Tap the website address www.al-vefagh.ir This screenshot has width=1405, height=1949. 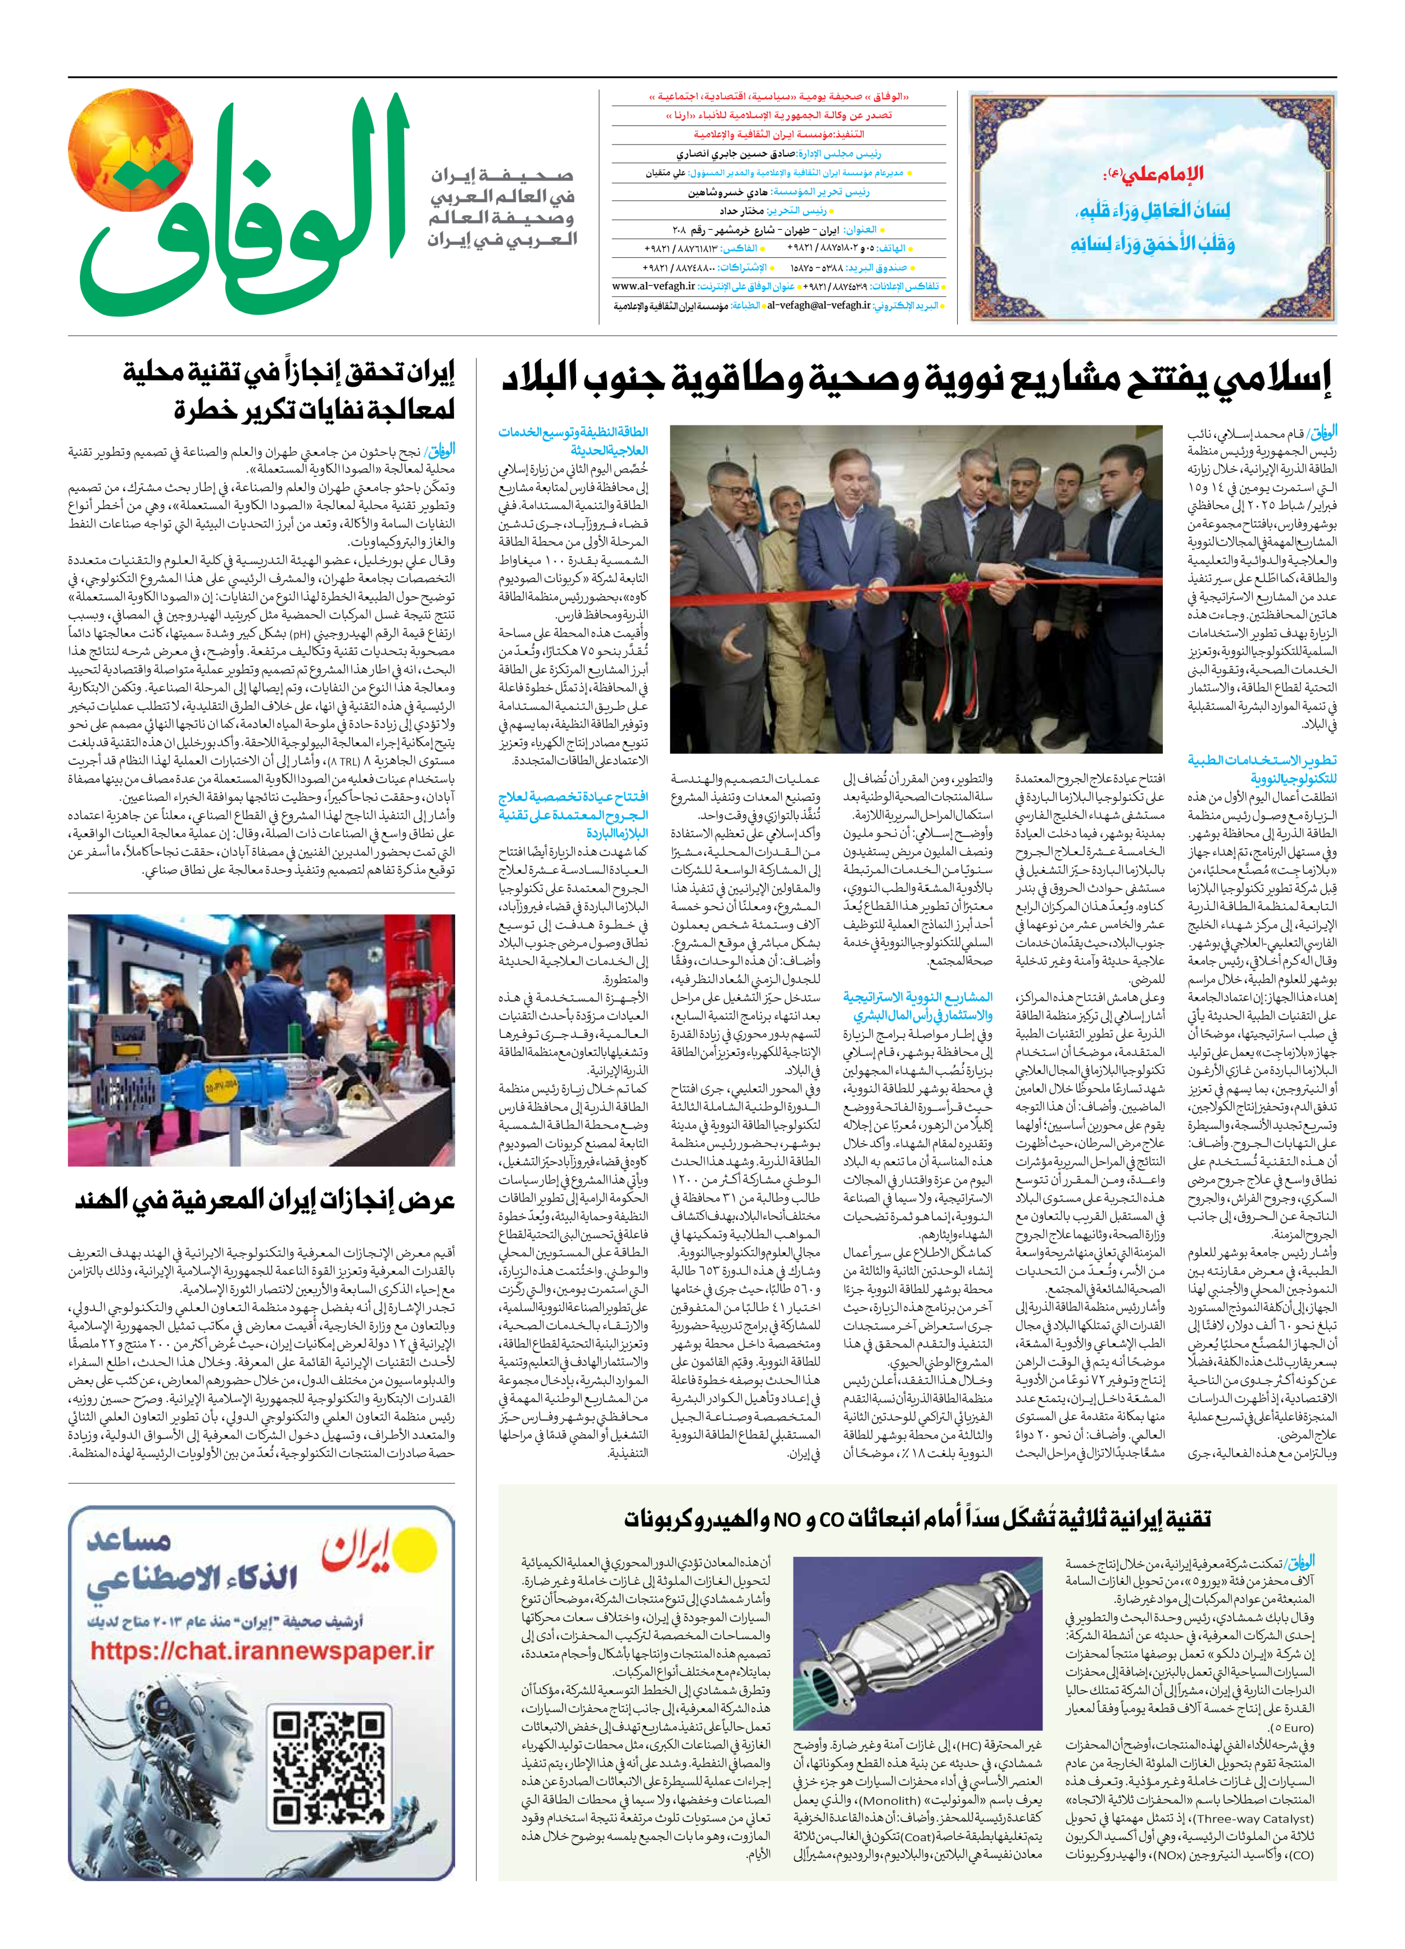(x=652, y=286)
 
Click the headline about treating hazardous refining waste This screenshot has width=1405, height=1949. (x=288, y=392)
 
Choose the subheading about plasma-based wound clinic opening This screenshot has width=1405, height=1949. (x=573, y=815)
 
